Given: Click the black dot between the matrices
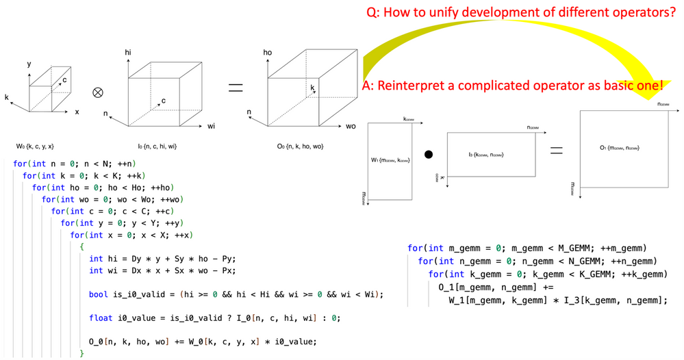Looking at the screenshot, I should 428,155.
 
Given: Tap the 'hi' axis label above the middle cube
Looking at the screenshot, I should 128,52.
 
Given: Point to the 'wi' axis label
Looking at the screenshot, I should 212,127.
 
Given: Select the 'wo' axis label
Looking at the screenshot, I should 351,127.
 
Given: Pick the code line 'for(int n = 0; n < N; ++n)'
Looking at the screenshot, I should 76,164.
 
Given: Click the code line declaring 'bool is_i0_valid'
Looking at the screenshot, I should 236,294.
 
